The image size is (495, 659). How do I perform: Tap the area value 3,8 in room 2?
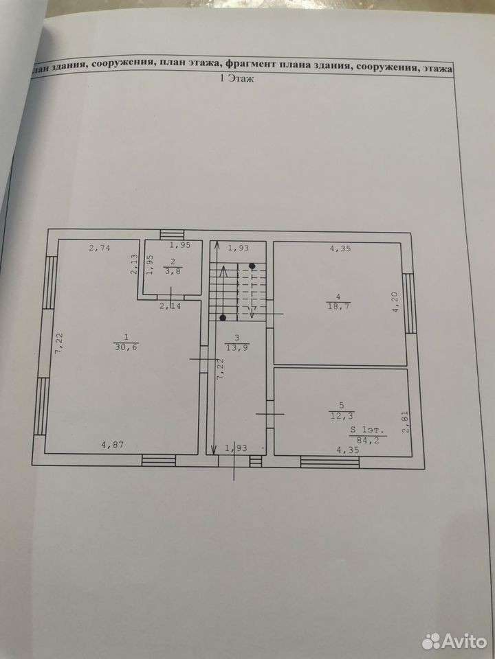pos(172,272)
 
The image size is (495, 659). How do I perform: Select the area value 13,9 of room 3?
pos(237,348)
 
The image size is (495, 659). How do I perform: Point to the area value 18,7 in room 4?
pos(339,306)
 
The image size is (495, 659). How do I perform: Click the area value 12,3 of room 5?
pos(342,416)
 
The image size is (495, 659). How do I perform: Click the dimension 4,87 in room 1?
pos(112,445)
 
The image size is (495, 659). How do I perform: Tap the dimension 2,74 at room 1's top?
pos(100,248)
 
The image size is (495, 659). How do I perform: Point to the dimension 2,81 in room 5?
pos(406,422)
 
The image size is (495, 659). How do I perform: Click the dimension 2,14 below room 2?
pos(170,306)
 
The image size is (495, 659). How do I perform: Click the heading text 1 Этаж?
pos(237,78)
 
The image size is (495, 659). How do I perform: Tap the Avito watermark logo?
pos(454,641)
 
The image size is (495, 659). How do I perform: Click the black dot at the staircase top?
pos(252,266)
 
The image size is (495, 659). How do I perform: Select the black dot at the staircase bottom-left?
pos(222,317)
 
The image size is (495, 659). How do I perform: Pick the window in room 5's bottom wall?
pos(330,462)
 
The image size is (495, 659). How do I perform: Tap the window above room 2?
pos(172,235)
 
